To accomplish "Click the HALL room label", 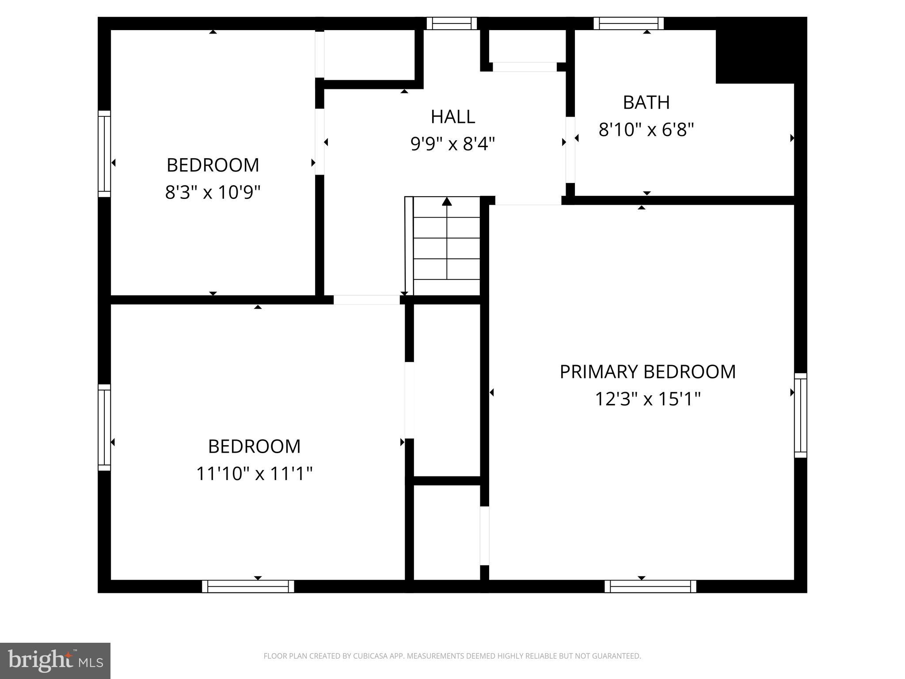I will pyautogui.click(x=452, y=117).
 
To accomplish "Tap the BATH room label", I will pyautogui.click(x=646, y=103).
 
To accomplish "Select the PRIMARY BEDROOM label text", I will pyautogui.click(x=647, y=372).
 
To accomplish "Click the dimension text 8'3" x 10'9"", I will pyautogui.click(x=213, y=192).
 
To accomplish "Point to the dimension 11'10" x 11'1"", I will pyautogui.click(x=254, y=474).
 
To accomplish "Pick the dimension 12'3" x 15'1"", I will pyautogui.click(x=647, y=399).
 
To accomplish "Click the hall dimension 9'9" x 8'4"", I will pyautogui.click(x=452, y=144).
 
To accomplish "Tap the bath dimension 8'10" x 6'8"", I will pyautogui.click(x=646, y=130).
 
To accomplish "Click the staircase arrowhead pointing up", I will pyautogui.click(x=447, y=202).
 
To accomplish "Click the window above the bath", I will pyautogui.click(x=628, y=23).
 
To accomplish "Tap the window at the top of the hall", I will pyautogui.click(x=452, y=23).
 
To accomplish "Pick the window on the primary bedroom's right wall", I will pyautogui.click(x=800, y=415).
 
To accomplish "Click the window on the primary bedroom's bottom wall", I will pyautogui.click(x=650, y=587).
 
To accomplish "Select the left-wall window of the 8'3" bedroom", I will pyautogui.click(x=104, y=153).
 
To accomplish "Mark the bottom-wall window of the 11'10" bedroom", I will pyautogui.click(x=248, y=587).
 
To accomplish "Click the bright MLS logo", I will pyautogui.click(x=55, y=660).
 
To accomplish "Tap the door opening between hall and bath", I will pyautogui.click(x=570, y=150).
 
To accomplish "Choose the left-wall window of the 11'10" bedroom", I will pyautogui.click(x=104, y=427).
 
